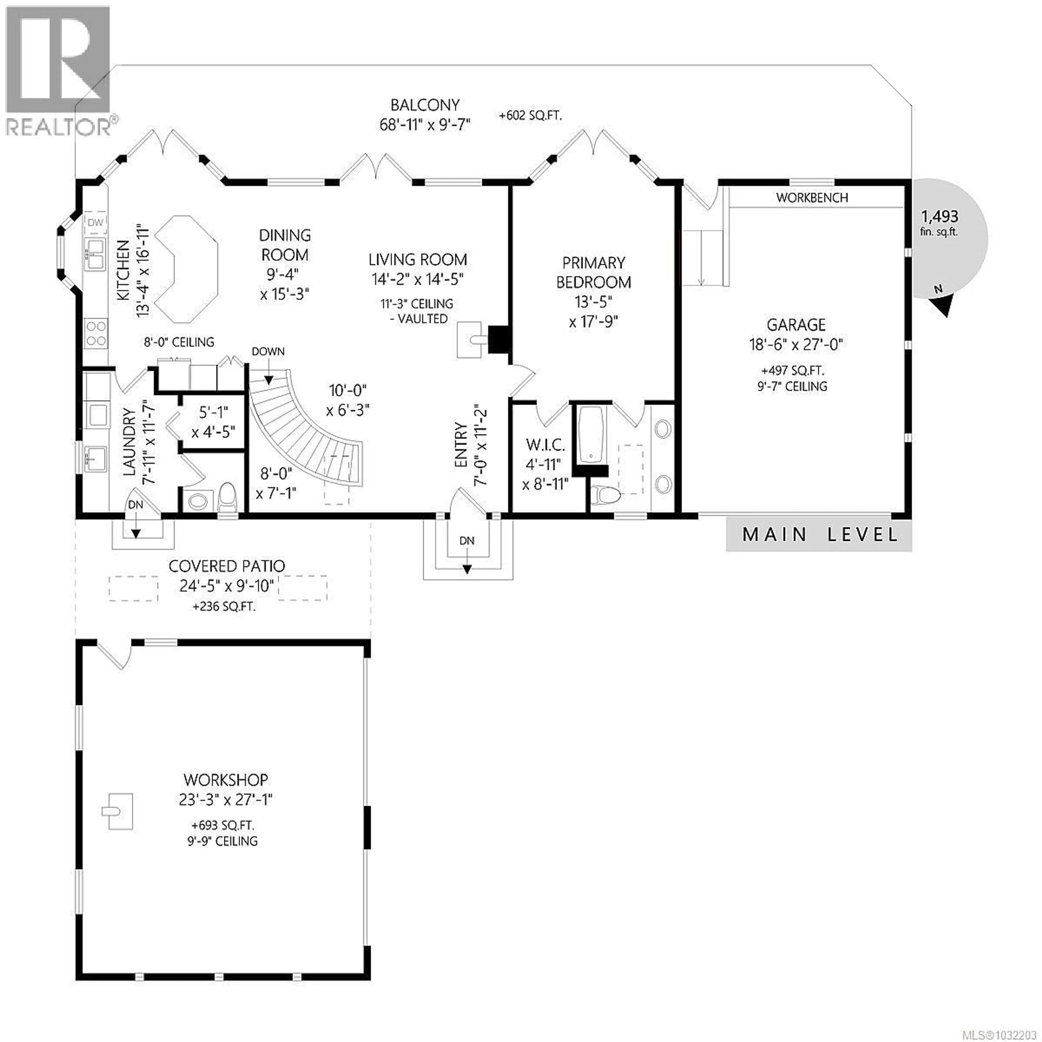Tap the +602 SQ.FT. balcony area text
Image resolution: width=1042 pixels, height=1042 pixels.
(x=530, y=115)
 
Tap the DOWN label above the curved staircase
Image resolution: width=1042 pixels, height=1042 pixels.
(x=268, y=352)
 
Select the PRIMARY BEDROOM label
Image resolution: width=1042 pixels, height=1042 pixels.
(x=593, y=272)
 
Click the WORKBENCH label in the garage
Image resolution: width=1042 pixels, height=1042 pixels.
(x=812, y=198)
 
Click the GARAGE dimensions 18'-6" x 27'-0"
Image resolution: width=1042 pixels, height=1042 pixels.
(x=796, y=344)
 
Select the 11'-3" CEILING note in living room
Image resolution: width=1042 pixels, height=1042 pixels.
(x=417, y=304)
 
